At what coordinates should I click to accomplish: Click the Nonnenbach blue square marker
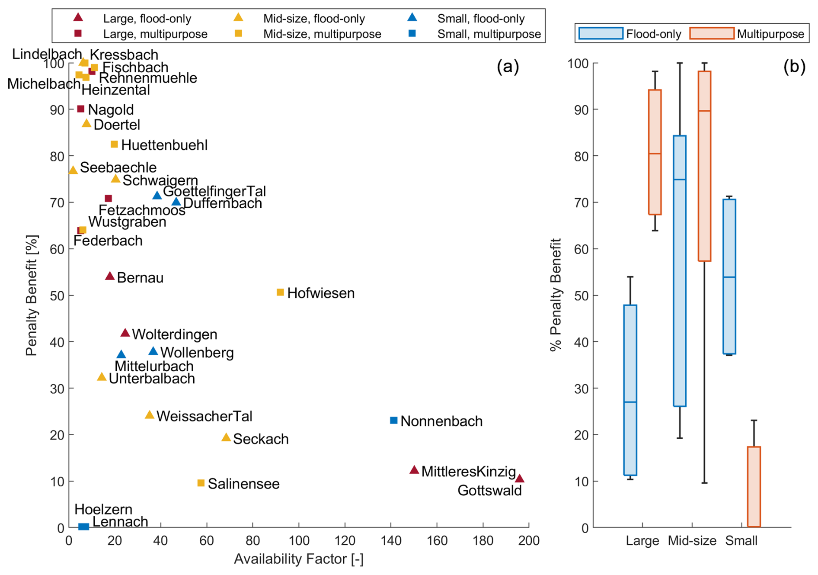[393, 420]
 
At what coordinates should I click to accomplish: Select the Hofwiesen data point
[280, 292]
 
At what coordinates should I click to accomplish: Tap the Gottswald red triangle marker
[520, 479]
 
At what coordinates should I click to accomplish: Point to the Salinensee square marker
[201, 483]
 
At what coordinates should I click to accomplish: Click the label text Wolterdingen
[175, 334]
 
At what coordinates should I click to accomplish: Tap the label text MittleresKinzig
[469, 472]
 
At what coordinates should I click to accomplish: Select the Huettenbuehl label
[164, 145]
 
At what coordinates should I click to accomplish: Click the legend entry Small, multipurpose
[489, 34]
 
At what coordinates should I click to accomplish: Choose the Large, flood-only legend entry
[147, 19]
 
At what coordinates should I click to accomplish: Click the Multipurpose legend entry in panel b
[770, 34]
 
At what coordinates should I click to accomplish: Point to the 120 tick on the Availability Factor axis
[345, 541]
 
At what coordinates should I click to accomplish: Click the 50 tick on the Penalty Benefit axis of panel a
[57, 296]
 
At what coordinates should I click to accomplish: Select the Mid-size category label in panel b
[692, 541]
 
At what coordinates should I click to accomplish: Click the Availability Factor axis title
[298, 559]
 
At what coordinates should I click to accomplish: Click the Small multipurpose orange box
[754, 487]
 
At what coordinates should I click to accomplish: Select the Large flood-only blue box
[630, 390]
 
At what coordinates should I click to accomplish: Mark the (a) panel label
[508, 67]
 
